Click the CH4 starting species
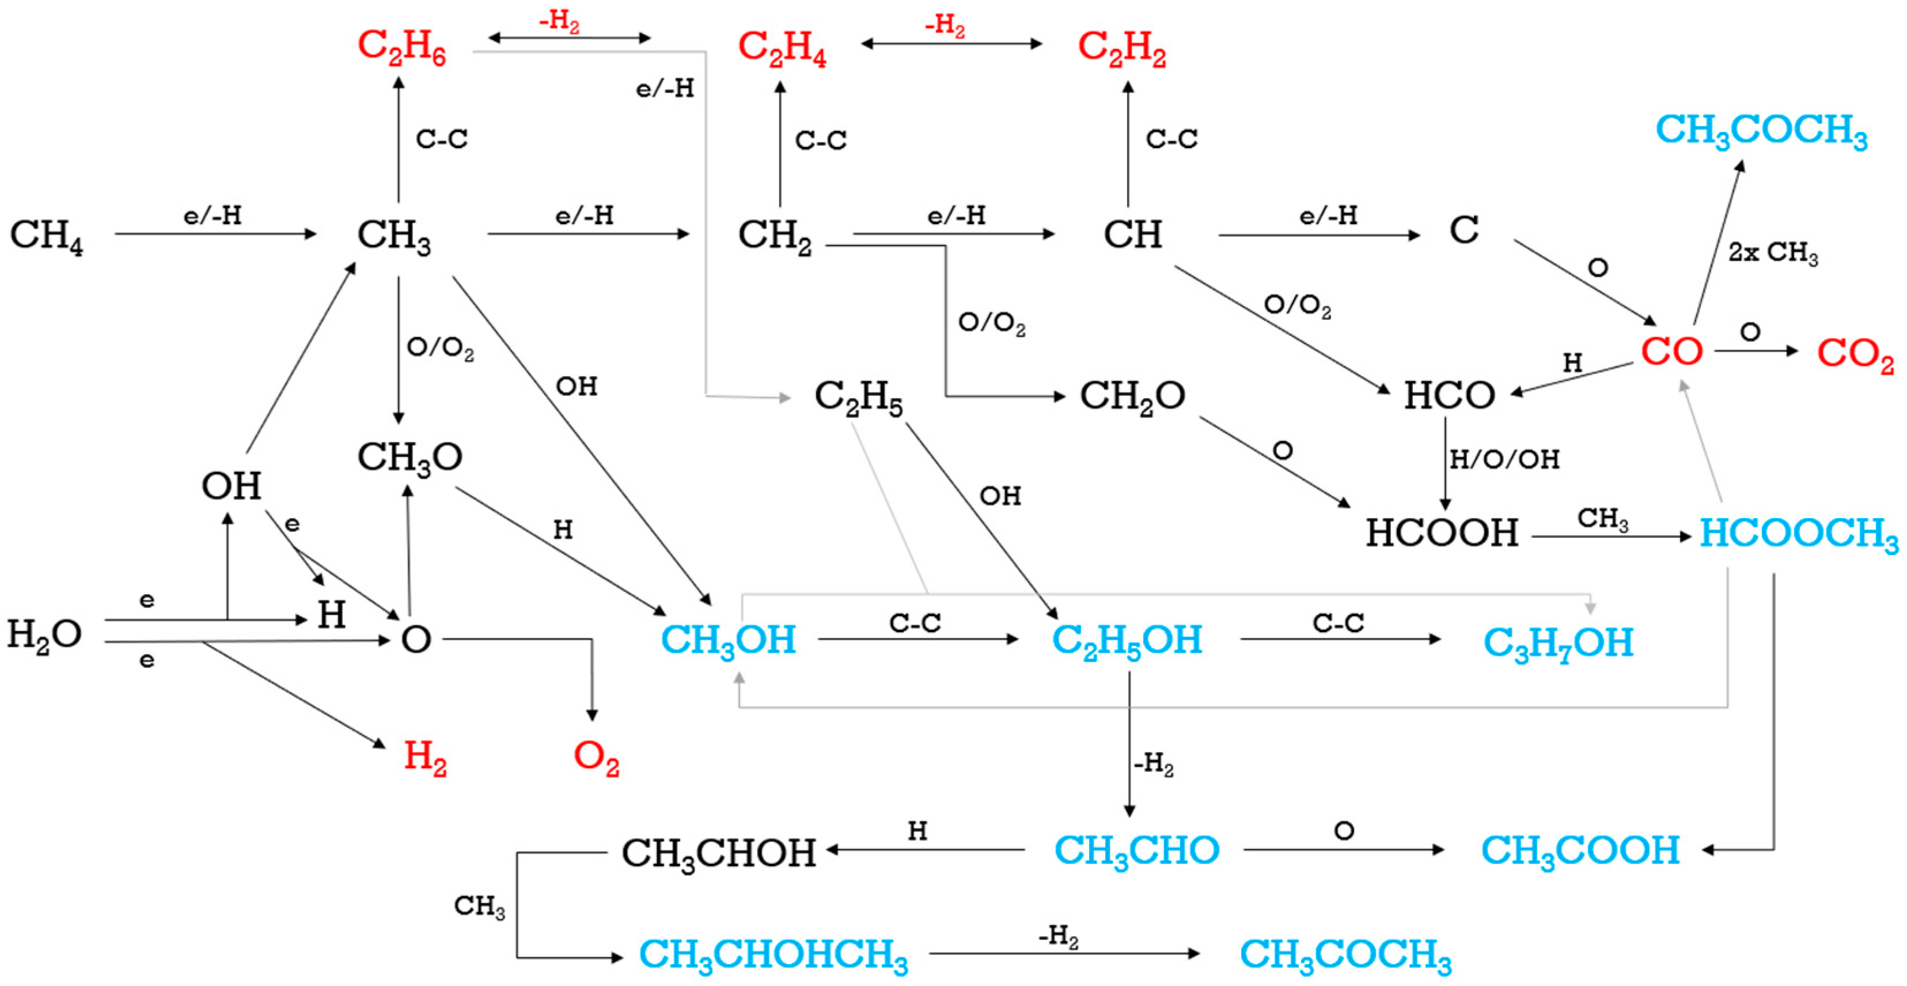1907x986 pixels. (x=46, y=236)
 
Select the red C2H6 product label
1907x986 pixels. (x=401, y=47)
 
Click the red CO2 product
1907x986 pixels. (x=1855, y=354)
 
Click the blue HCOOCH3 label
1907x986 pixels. (x=1798, y=534)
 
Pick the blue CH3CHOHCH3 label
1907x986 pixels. (x=773, y=955)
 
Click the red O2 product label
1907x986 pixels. (x=596, y=757)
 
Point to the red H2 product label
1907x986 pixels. (x=425, y=757)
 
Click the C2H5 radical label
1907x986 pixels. (x=858, y=397)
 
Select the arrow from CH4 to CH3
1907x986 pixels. (x=215, y=234)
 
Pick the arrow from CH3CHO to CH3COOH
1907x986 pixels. (x=1343, y=849)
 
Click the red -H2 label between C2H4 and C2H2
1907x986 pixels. (x=945, y=26)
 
